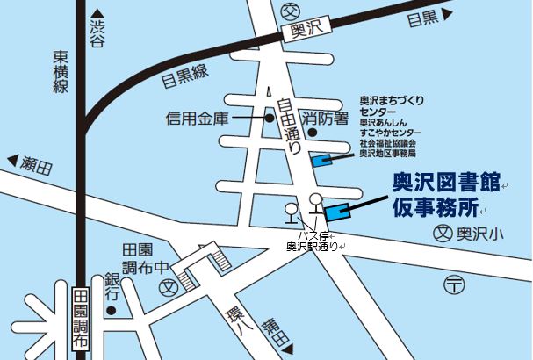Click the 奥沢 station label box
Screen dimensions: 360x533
pyautogui.click(x=307, y=29)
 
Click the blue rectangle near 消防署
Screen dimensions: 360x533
pyautogui.click(x=321, y=160)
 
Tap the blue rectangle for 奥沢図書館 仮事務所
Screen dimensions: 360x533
pyautogui.click(x=337, y=212)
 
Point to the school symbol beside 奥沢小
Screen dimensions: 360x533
pyautogui.click(x=445, y=234)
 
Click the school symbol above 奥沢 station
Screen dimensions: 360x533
pyautogui.click(x=291, y=11)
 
